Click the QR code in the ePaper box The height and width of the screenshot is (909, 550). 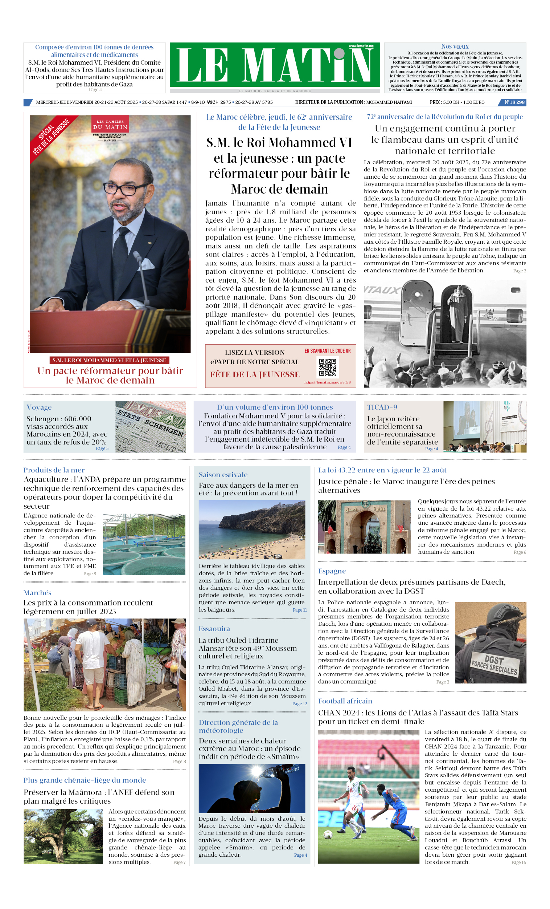point(327,367)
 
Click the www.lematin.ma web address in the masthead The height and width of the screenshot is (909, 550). point(361,46)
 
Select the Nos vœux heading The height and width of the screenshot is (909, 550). point(455,46)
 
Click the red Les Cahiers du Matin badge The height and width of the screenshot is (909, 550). point(110,124)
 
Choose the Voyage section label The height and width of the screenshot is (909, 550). point(39,407)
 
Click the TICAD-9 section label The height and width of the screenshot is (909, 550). point(382,407)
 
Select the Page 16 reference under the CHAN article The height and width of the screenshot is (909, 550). point(518,862)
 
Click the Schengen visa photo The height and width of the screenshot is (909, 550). point(151,427)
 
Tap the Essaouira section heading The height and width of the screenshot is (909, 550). point(214,629)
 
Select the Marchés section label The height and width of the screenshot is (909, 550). point(38,593)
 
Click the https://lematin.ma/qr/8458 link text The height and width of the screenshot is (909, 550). point(327,382)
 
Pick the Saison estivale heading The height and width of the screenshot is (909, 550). point(223,475)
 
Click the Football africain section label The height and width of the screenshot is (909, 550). point(345,701)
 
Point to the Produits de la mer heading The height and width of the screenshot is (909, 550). point(54,470)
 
